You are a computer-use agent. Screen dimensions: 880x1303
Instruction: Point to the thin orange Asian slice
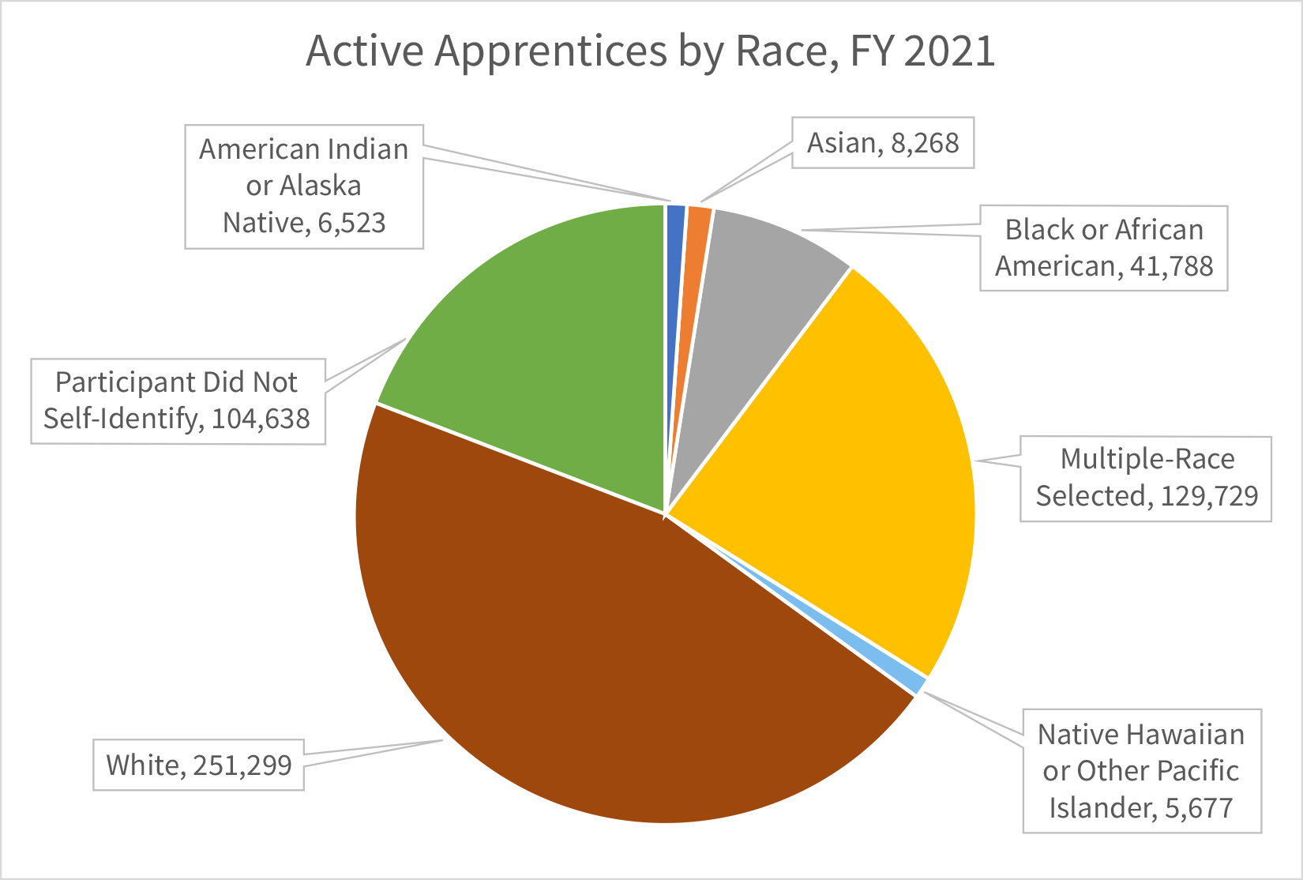pos(695,261)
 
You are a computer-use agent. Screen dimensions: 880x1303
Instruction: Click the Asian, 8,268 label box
pos(883,143)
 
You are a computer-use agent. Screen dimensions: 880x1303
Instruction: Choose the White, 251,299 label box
pos(199,765)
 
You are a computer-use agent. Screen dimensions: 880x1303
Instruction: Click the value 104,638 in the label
pos(261,419)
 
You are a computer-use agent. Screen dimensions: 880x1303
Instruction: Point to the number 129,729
pos(1209,496)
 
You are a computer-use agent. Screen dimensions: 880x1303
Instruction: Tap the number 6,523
pos(351,223)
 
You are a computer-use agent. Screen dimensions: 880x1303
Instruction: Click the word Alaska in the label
pos(321,186)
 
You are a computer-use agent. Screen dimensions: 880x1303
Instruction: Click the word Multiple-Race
pos(1147,459)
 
